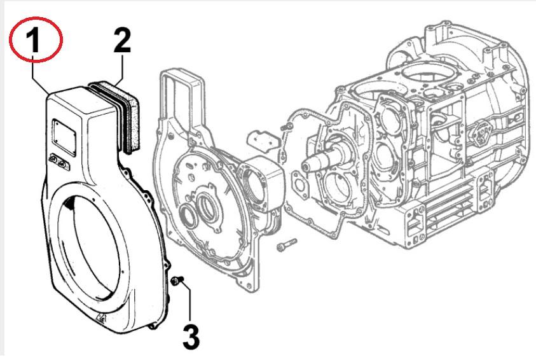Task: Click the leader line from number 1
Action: coord(42,76)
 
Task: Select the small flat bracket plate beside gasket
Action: coord(261,138)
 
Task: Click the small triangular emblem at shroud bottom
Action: coord(102,319)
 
